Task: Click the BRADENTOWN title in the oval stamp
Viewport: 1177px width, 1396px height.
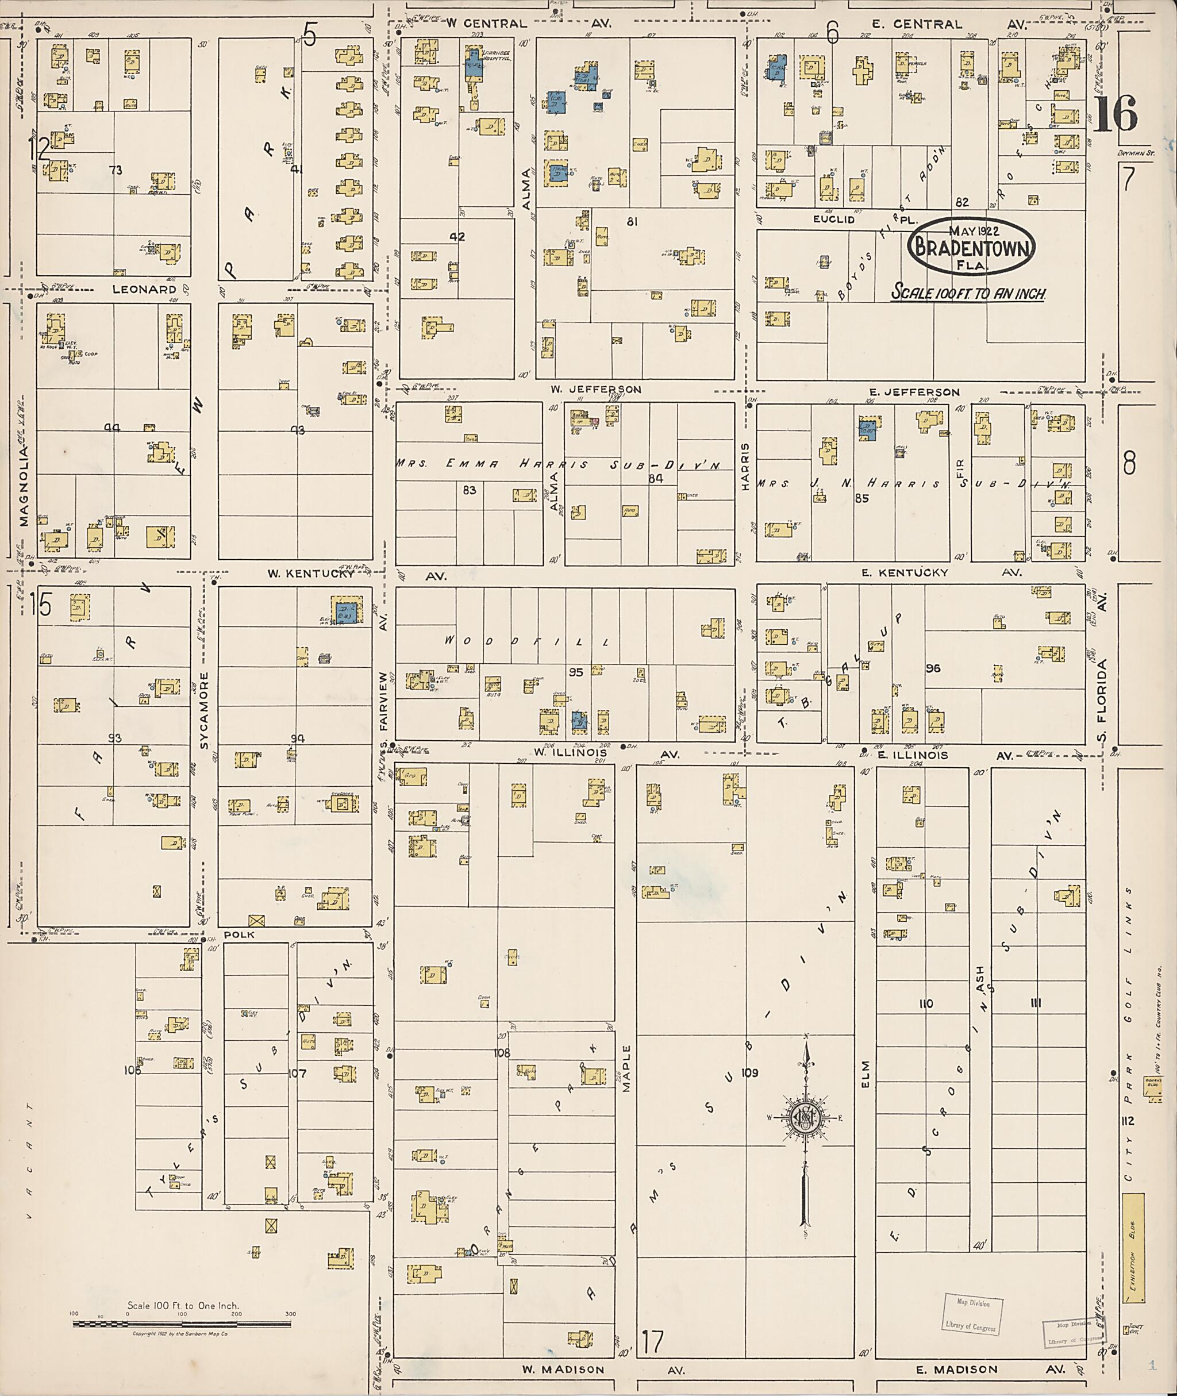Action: pyautogui.click(x=971, y=248)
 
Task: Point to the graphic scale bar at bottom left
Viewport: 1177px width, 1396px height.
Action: pyautogui.click(x=182, y=1322)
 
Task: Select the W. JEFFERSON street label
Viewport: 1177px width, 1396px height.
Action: pyautogui.click(x=596, y=389)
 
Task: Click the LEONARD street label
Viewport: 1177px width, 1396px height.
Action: pyautogui.click(x=144, y=289)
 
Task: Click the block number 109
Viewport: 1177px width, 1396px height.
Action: pyautogui.click(x=749, y=1073)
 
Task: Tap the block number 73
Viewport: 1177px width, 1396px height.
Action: pyautogui.click(x=116, y=170)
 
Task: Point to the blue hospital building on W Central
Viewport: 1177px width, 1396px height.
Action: pyautogui.click(x=474, y=65)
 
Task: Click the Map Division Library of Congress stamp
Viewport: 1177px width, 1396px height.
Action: pyautogui.click(x=973, y=1314)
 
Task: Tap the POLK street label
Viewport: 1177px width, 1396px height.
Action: pyautogui.click(x=239, y=935)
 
